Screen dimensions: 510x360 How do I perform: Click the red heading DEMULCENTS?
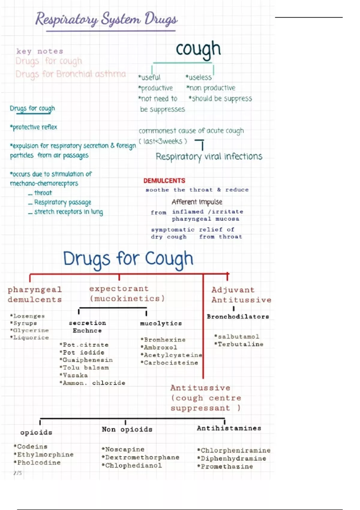point(164,181)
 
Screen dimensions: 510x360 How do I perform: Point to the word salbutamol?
point(238,337)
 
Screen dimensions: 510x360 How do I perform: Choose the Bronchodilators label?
point(238,316)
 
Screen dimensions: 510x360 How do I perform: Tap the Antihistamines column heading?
point(229,428)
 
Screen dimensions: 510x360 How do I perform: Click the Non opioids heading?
point(127,429)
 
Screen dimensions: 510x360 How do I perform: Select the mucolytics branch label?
point(161,323)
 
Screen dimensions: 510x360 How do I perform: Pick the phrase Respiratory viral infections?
point(209,157)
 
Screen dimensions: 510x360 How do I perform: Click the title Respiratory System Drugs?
point(106,19)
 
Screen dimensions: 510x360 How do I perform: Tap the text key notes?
point(40,51)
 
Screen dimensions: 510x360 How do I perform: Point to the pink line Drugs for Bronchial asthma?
point(70,74)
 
